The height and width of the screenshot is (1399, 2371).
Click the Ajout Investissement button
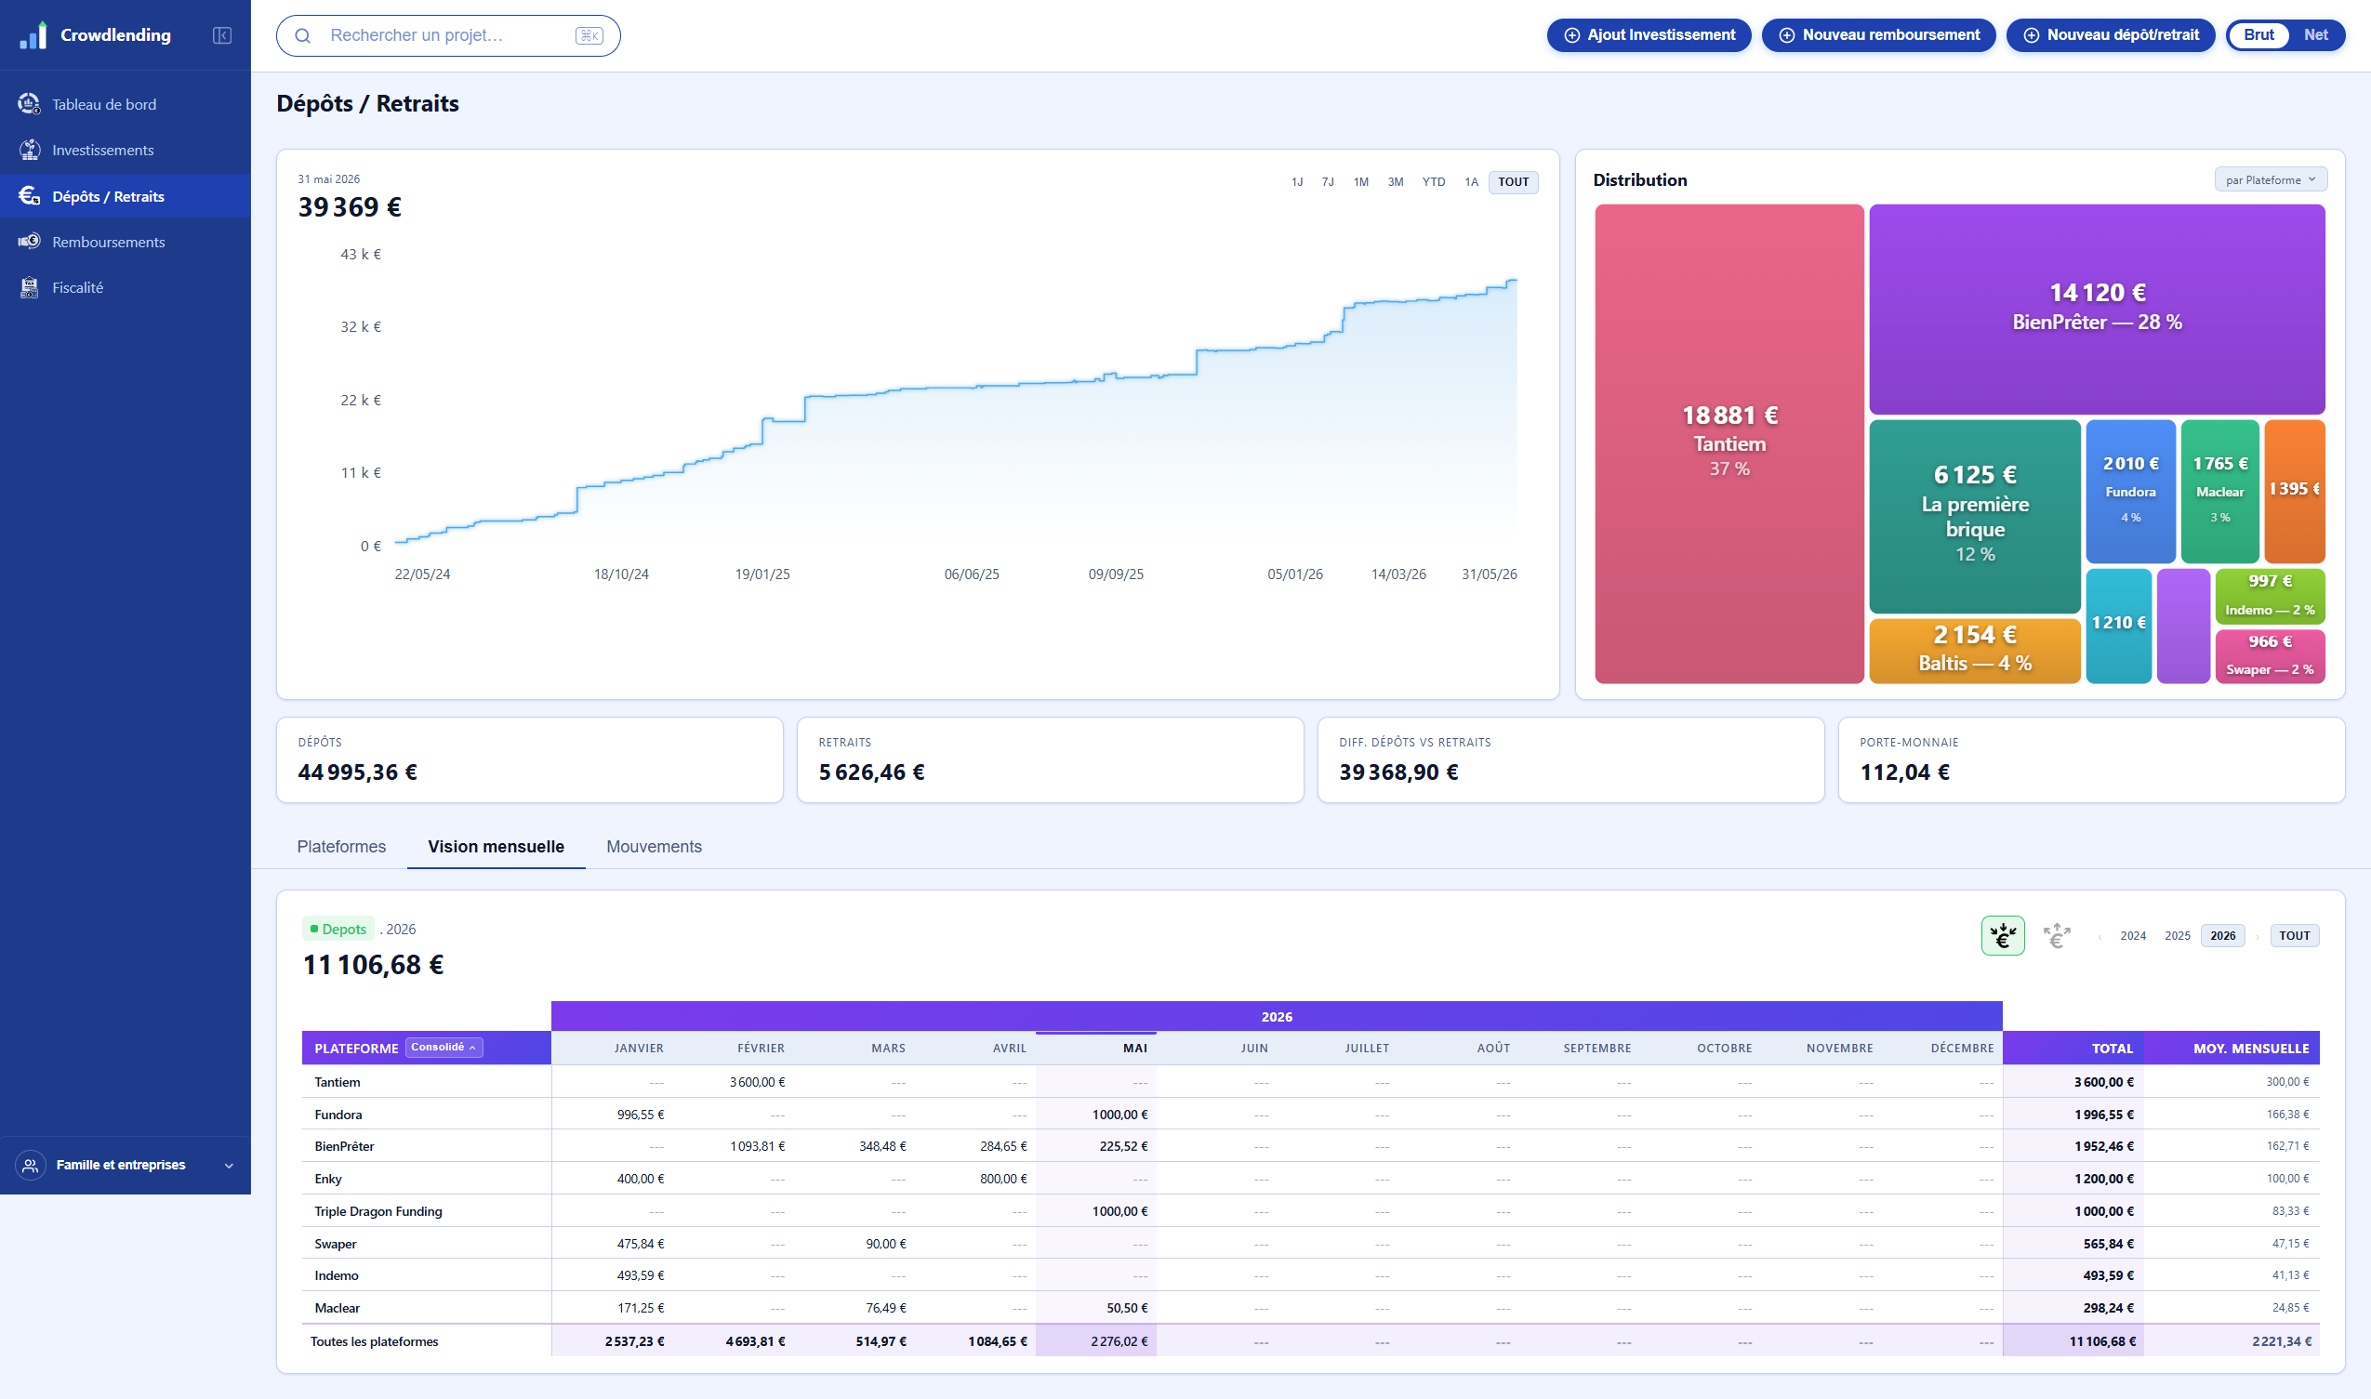[1648, 35]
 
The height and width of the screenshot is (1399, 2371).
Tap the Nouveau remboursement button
[1878, 35]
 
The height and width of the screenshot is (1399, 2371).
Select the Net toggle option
[2315, 35]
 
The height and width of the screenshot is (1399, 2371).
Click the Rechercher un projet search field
[448, 36]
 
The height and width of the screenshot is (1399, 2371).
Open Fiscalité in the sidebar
[77, 287]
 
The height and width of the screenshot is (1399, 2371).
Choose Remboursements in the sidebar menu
[109, 243]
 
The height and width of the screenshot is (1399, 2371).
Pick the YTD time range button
[1433, 182]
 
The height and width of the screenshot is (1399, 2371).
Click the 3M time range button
[1396, 182]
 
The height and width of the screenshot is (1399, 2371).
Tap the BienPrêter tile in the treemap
[2097, 310]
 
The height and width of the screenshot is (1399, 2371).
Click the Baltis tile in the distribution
[1974, 650]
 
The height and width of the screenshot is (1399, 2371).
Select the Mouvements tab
[654, 847]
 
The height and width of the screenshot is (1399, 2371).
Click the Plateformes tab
[341, 847]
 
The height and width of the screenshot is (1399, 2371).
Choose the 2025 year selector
[2177, 935]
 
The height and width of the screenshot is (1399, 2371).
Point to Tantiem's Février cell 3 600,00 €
[757, 1082]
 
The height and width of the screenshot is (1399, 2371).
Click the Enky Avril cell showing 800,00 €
[1003, 1179]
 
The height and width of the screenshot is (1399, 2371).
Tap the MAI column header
[1135, 1049]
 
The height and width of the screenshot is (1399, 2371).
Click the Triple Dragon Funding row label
[378, 1211]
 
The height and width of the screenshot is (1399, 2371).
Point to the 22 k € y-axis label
[361, 400]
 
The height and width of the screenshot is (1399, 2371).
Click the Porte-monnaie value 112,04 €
[1904, 772]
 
